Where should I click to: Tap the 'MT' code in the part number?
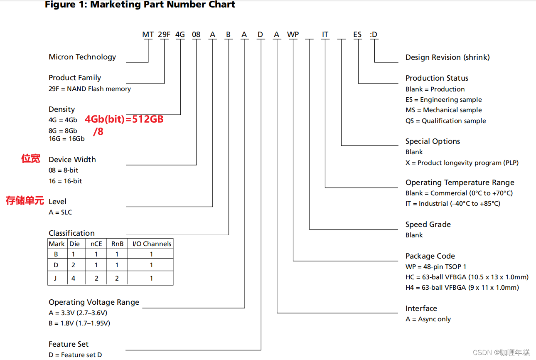(148, 35)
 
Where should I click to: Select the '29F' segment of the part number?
(164, 35)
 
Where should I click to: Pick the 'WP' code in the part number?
(293, 35)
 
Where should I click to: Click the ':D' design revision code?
(374, 35)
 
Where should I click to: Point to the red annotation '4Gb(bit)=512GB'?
(124, 120)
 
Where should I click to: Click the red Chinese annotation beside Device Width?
(31, 158)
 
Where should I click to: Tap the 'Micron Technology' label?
(82, 57)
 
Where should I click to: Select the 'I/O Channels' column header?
(152, 244)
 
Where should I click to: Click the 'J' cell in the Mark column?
(55, 278)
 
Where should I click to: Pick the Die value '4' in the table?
(74, 278)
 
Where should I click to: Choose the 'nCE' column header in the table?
(96, 244)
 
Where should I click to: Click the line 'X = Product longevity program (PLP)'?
(462, 163)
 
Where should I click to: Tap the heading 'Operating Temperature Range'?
(460, 182)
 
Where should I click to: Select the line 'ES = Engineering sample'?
(443, 99)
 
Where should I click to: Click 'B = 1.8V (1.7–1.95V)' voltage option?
(79, 323)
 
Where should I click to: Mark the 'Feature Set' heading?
(69, 344)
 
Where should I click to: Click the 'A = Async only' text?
(428, 319)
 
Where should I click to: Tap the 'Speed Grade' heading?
(428, 224)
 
